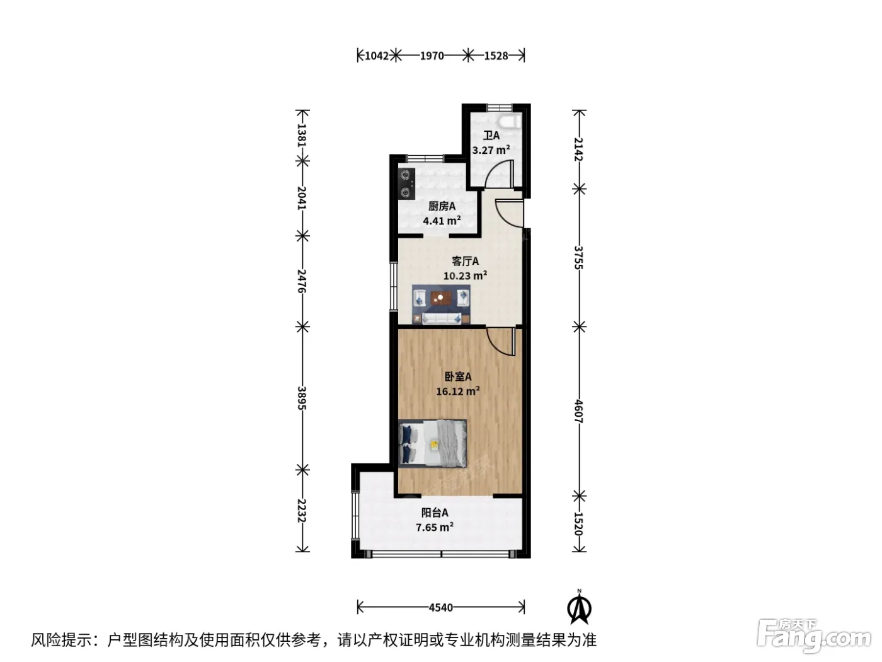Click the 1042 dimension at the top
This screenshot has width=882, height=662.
point(377,55)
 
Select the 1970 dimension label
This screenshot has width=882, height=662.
point(432,55)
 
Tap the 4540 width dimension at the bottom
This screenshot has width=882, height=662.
point(441,607)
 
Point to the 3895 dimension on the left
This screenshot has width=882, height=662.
point(302,398)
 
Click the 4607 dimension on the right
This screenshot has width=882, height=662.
point(578,411)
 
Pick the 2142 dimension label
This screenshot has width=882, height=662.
point(578,149)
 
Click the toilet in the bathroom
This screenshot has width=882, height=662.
point(509,120)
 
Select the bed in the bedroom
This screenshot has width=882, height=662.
point(433,443)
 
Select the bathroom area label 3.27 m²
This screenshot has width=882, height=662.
point(491,150)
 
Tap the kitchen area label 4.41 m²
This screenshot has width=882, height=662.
point(442,220)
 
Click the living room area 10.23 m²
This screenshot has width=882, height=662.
point(466,276)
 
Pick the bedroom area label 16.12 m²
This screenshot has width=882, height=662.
point(458,391)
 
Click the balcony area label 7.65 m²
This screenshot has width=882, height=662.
point(435,526)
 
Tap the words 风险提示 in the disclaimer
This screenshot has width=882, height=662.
point(62,640)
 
